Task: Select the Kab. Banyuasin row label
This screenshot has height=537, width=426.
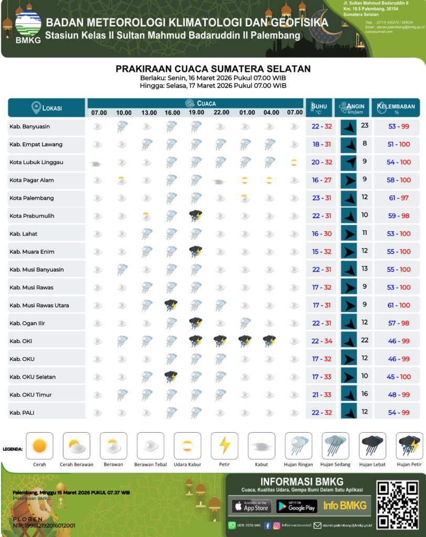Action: [30, 126]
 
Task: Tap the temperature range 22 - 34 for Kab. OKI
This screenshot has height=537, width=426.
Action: [322, 341]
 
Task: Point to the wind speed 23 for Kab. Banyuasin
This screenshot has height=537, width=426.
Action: [365, 126]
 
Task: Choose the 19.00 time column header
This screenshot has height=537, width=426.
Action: [196, 113]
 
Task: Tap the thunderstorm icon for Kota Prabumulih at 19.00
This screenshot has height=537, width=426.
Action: [196, 216]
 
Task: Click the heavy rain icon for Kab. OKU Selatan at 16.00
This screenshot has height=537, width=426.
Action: [171, 376]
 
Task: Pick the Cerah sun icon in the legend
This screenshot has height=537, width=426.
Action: [39, 446]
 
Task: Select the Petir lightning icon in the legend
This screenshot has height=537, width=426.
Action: [225, 446]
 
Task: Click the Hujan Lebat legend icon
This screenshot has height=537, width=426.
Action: [372, 446]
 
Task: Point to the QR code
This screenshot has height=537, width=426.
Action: [398, 505]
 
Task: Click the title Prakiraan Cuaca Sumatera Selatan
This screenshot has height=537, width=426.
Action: [213, 69]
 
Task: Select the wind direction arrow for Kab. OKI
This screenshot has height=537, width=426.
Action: [348, 341]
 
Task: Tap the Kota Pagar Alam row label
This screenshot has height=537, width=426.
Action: [31, 180]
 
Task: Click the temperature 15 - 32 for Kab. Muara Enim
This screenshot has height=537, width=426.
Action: [322, 252]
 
